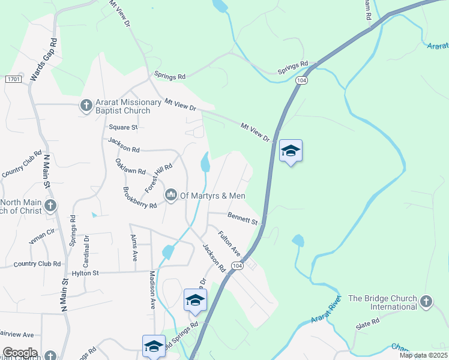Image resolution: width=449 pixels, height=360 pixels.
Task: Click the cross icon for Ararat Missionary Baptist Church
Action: (86, 106)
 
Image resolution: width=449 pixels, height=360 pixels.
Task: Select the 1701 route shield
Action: (14, 79)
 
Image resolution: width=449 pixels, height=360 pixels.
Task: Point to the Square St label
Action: (124, 127)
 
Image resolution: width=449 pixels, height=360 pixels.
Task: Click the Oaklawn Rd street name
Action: (131, 166)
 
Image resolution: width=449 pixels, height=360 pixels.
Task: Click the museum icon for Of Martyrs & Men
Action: (171, 194)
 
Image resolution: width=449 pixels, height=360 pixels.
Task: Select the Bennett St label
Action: (243, 218)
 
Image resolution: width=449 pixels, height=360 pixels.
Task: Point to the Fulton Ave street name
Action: (229, 244)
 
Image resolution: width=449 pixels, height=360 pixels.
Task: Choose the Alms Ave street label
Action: (134, 248)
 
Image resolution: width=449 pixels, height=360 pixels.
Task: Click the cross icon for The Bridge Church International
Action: (426, 301)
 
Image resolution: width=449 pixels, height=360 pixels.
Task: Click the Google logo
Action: (20, 353)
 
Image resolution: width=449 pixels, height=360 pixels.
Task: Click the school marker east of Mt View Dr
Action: (291, 151)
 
